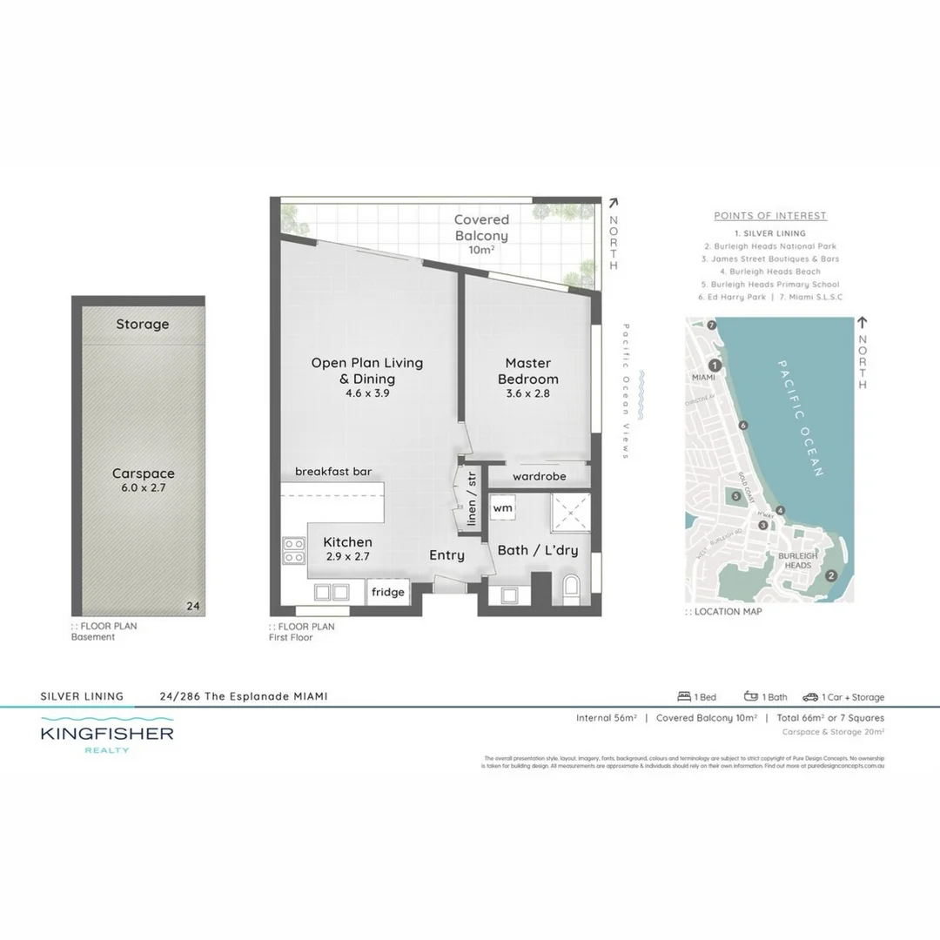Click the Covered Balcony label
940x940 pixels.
(x=481, y=228)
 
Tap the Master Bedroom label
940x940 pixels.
(x=528, y=371)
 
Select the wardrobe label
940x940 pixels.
(x=539, y=477)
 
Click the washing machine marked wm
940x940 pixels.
(x=503, y=507)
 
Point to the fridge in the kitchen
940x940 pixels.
(x=388, y=592)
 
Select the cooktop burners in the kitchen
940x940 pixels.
(x=293, y=551)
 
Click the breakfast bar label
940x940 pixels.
(x=333, y=472)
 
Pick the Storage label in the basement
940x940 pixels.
(x=143, y=325)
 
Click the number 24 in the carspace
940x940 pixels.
(x=193, y=607)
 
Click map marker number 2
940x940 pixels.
(x=831, y=574)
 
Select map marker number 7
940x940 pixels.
(x=711, y=326)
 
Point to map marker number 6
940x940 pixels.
(x=742, y=426)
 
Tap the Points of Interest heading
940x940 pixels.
(x=770, y=216)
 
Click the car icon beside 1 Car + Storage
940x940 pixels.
(x=810, y=696)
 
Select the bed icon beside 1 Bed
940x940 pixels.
(x=684, y=696)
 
